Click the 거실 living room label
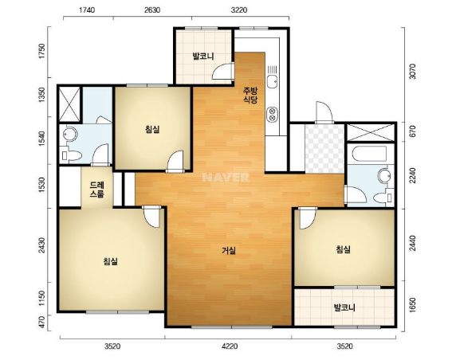[229, 251]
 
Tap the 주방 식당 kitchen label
[250, 96]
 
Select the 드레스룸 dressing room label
[96, 190]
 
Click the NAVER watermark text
[226, 177]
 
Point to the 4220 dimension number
[230, 346]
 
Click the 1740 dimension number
[87, 10]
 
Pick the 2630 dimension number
[152, 10]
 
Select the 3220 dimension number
[239, 10]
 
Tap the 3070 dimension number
[413, 72]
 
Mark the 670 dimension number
[413, 131]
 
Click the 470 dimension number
[42, 322]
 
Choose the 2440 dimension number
[413, 244]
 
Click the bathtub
[370, 154]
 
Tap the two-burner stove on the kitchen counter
[272, 114]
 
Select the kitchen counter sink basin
[272, 81]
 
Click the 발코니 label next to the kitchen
[203, 57]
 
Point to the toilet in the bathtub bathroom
[383, 198]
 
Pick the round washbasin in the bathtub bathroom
[384, 175]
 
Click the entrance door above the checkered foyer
[324, 112]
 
